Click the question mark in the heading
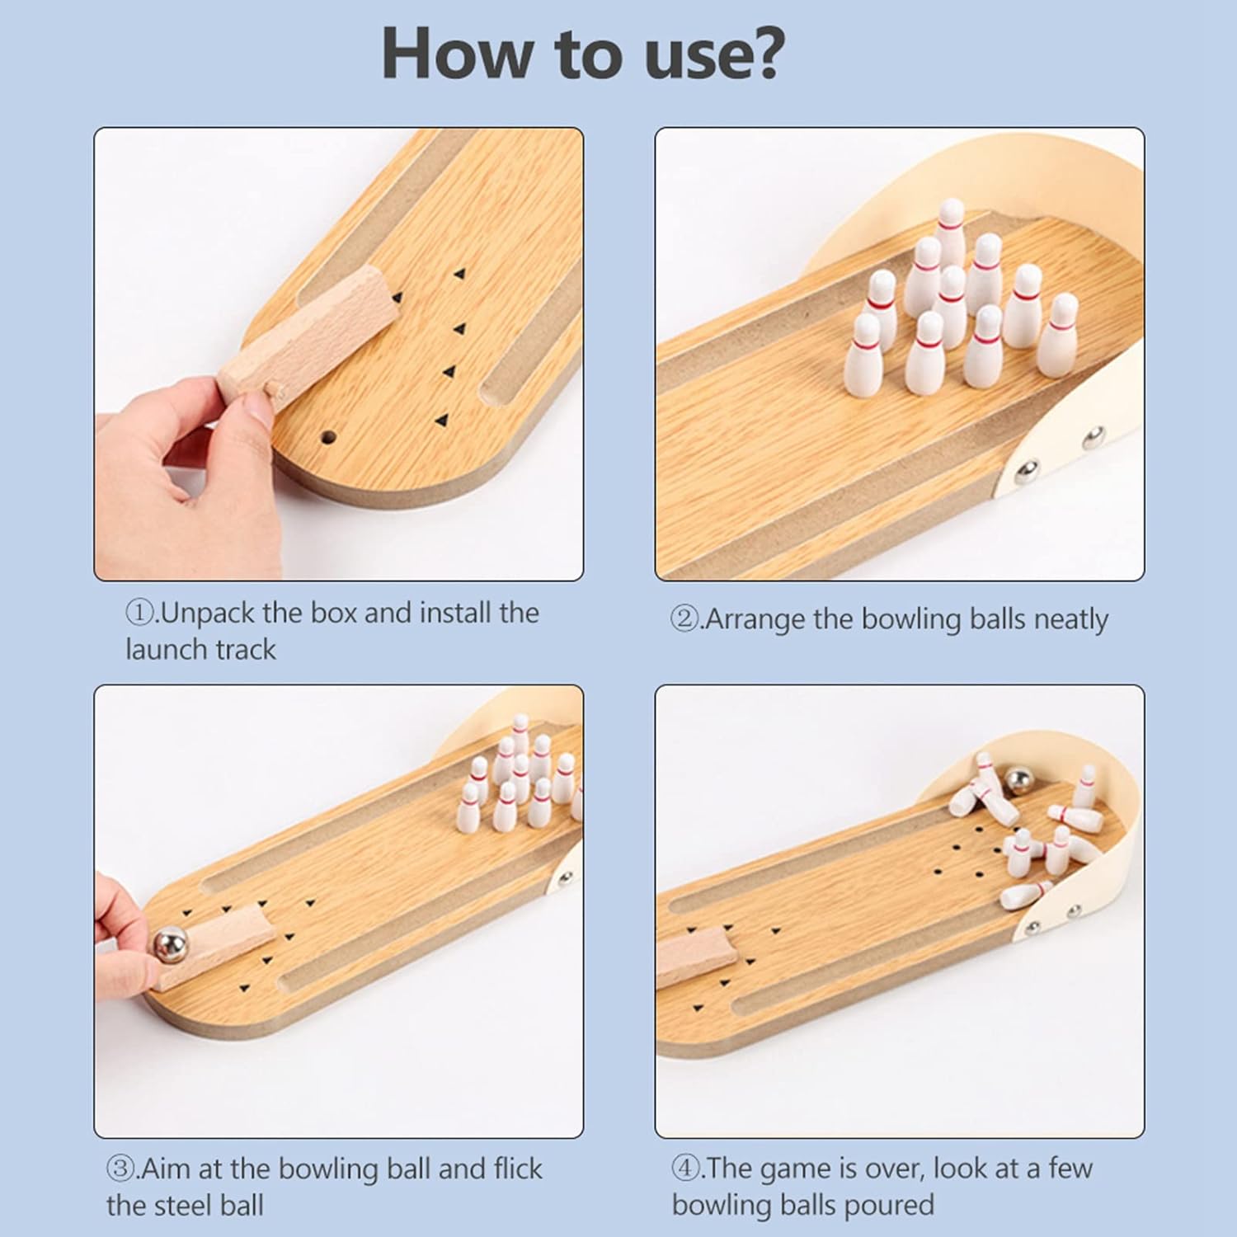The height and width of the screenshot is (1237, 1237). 758,54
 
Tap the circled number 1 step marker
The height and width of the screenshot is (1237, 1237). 137,613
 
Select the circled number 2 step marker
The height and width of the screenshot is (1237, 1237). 684,618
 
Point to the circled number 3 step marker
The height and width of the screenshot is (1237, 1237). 120,1169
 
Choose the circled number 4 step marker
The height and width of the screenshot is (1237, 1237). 684,1169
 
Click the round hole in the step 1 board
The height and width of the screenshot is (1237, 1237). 329,435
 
